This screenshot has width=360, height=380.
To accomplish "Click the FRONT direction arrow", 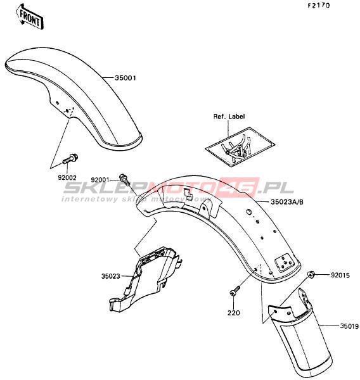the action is (30, 16).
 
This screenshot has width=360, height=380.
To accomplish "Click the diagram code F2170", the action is (319, 6).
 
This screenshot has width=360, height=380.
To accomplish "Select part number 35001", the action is (125, 78).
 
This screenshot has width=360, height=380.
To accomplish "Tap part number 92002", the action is (67, 178).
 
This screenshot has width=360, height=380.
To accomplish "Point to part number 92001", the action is (100, 180).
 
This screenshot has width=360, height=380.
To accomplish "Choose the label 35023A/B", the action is (287, 202).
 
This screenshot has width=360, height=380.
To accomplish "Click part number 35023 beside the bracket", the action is (111, 276).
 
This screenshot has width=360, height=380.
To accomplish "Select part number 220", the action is (234, 313).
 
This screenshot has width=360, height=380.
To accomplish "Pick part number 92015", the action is (340, 275).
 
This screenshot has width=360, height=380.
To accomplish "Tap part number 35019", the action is (349, 326).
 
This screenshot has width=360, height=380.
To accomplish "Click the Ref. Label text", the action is (229, 117).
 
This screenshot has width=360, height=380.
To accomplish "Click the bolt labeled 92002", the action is (70, 159).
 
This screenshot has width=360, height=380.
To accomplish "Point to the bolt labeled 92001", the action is (124, 179).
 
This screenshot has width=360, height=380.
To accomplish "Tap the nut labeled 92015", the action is (311, 275).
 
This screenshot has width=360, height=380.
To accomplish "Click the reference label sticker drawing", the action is (240, 147).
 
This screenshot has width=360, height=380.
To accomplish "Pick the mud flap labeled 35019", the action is (300, 331).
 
